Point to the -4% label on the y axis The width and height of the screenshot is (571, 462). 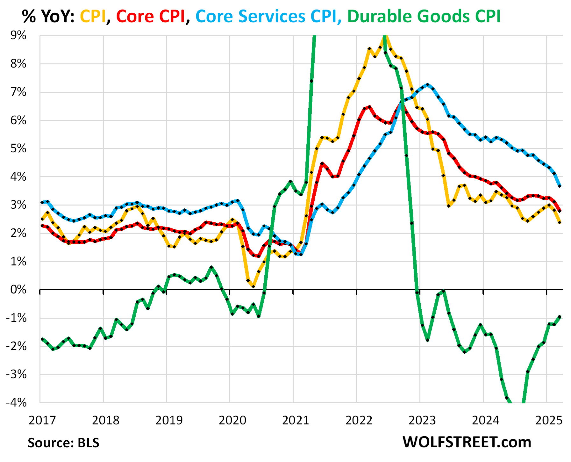pos(16,402)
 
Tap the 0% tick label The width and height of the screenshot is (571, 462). pos(18,290)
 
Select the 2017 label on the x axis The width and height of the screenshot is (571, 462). pos(42,421)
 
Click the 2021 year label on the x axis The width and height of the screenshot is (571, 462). pos(296,421)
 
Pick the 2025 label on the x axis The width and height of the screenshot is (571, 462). pos(549,421)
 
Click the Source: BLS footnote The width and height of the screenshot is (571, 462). pos(63,443)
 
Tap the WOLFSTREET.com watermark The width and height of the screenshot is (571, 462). pos(467,442)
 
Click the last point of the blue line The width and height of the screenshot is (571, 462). pos(560,186)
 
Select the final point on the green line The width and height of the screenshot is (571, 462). pos(560,317)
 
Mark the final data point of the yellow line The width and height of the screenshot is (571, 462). pos(560,222)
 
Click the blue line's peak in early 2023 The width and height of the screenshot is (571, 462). pos(428,85)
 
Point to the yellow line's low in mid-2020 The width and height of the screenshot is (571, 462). pos(253,286)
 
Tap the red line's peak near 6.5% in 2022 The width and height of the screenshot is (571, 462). pos(369,107)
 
